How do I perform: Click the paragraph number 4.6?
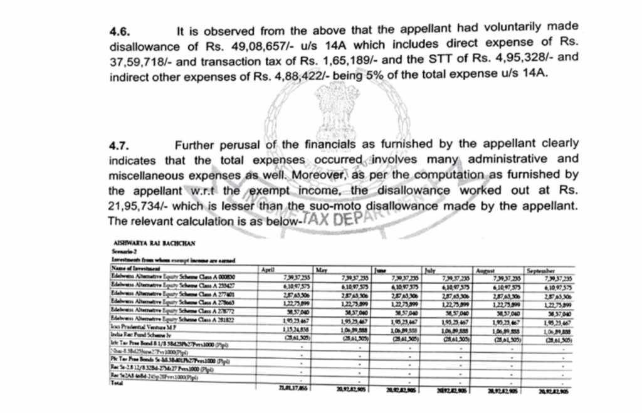coord(120,31)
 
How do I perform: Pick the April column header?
coord(268,268)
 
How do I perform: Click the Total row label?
coord(117,384)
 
